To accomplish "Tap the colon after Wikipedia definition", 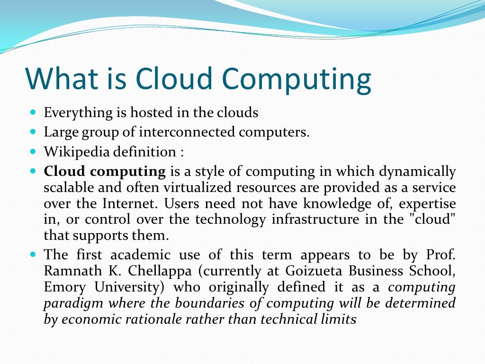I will [x=181, y=153].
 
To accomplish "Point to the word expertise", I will [x=428, y=204].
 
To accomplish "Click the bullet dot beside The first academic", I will [x=33, y=254].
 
